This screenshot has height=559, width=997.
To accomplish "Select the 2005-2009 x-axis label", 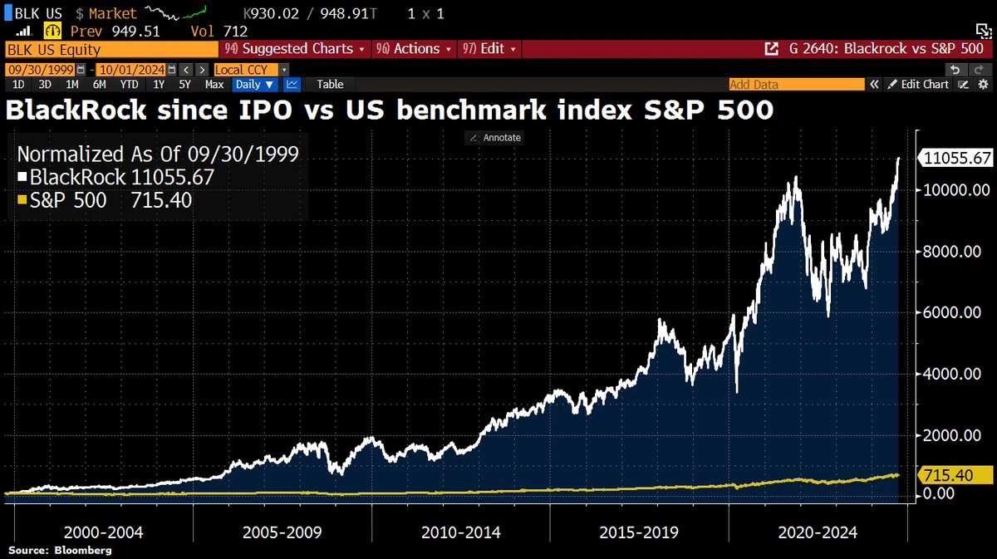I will click(282, 532).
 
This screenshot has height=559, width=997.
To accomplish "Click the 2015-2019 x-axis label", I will click(637, 532).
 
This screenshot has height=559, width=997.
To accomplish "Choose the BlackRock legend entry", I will click(115, 177).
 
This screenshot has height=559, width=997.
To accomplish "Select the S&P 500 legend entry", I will click(104, 199).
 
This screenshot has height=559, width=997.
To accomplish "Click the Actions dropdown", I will click(415, 49).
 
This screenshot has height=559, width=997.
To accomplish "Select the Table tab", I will click(330, 84).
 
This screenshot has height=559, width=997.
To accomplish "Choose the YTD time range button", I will click(129, 84).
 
